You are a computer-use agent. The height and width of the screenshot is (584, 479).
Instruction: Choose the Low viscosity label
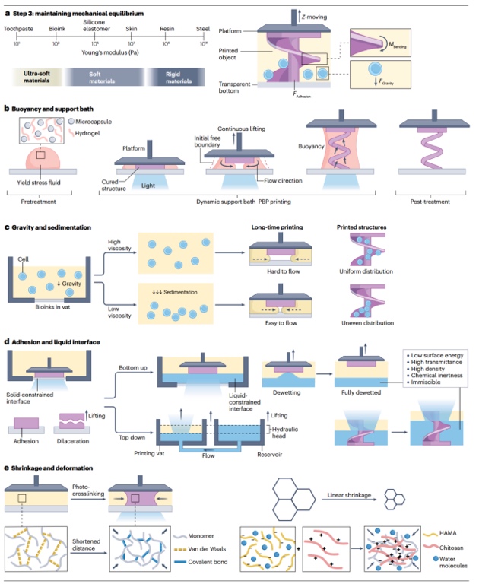pyautogui.click(x=117, y=311)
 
